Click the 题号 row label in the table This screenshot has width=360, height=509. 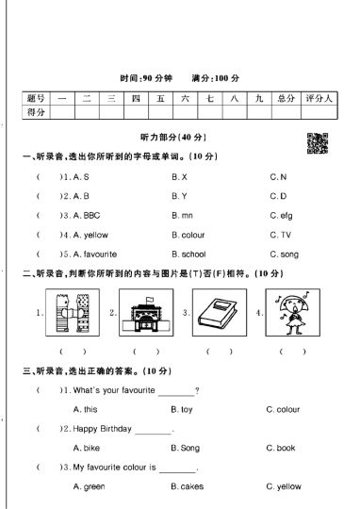(x=36, y=98)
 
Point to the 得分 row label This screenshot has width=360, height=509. (x=36, y=112)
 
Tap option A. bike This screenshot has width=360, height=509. (x=86, y=448)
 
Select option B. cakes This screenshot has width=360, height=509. (x=186, y=486)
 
